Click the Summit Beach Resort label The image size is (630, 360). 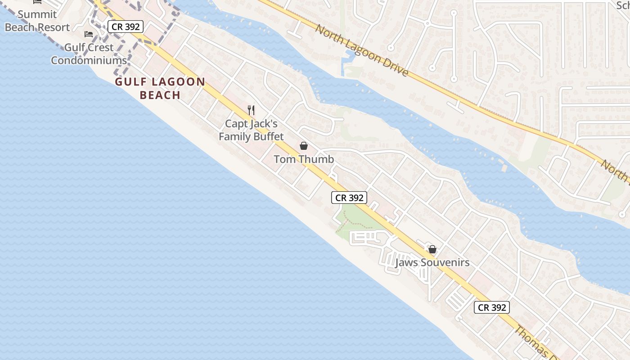(x=37, y=21)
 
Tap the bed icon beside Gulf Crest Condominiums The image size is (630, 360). (x=89, y=35)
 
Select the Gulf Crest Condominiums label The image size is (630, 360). (x=89, y=54)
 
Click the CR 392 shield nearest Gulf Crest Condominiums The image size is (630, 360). (x=126, y=27)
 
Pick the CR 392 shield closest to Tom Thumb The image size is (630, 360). (x=349, y=197)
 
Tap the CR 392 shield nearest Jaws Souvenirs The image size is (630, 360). (x=491, y=307)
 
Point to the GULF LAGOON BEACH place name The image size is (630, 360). (x=160, y=88)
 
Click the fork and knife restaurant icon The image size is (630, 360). (x=251, y=110)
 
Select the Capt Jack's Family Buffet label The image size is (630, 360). (x=251, y=130)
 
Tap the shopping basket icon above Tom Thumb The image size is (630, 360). (x=304, y=146)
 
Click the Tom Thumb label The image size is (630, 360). (x=304, y=159)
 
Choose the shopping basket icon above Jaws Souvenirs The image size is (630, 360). (x=432, y=249)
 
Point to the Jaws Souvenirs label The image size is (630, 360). (x=432, y=263)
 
